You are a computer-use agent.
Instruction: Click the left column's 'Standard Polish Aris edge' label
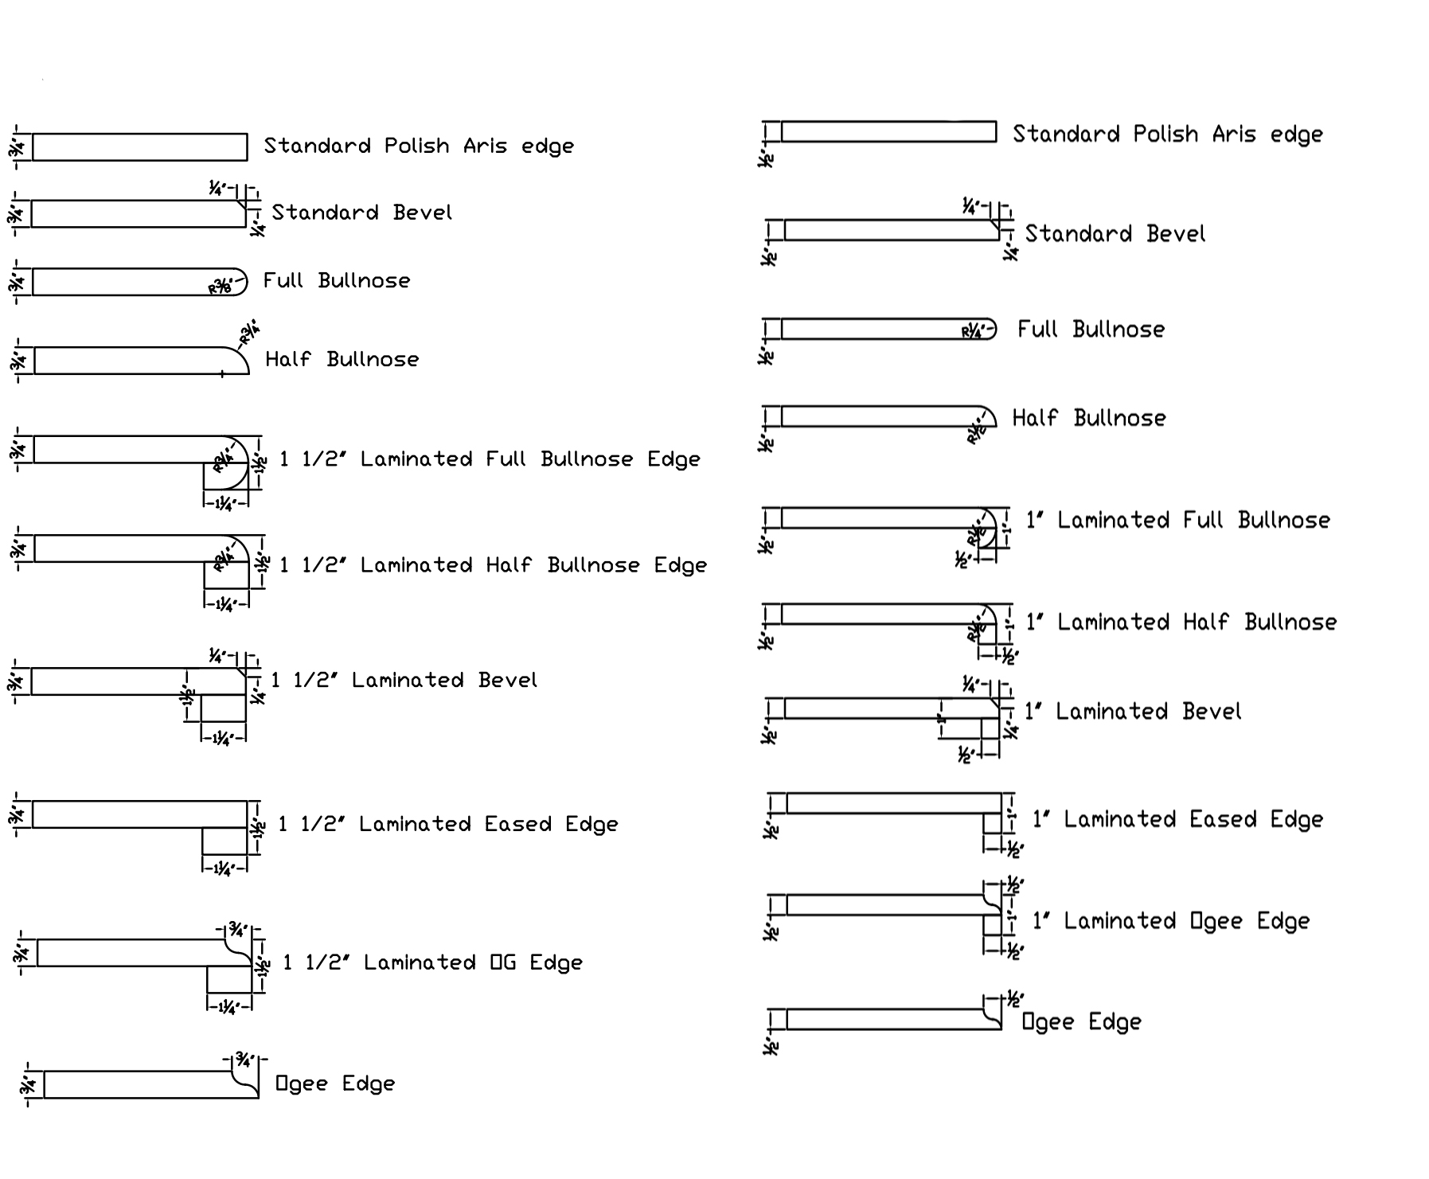click(x=419, y=146)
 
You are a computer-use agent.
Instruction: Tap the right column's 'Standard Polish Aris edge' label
click(x=1167, y=134)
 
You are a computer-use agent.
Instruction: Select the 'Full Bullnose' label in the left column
click(x=337, y=280)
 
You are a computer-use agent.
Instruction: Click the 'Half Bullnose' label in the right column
click(x=1088, y=418)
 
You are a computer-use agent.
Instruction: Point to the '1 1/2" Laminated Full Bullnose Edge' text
click(x=490, y=459)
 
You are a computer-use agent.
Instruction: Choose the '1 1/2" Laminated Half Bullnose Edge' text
click(x=493, y=565)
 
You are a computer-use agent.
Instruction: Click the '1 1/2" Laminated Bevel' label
click(x=404, y=680)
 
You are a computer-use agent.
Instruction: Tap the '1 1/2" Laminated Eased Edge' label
click(x=448, y=824)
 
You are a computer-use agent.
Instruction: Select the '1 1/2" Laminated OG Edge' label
click(x=433, y=962)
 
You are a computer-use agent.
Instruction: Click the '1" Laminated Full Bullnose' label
click(x=1177, y=521)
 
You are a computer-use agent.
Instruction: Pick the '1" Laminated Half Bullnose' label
click(x=1181, y=622)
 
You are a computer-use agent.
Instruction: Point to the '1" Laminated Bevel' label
click(x=1132, y=711)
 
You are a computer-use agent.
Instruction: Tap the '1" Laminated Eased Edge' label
click(x=1177, y=819)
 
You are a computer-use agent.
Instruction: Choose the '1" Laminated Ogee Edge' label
click(x=1170, y=921)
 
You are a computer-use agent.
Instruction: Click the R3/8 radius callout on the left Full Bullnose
click(x=221, y=287)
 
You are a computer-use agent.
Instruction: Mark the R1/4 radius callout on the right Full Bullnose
click(x=971, y=332)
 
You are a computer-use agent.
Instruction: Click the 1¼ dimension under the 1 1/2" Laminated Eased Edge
click(x=224, y=869)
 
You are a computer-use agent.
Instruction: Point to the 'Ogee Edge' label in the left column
click(x=335, y=1083)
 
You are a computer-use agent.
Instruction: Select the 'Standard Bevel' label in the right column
click(x=1115, y=234)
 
